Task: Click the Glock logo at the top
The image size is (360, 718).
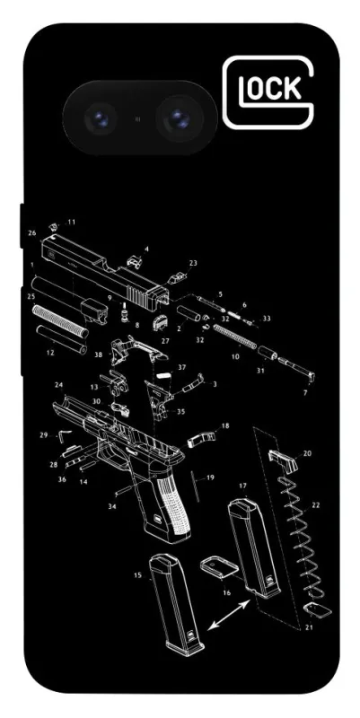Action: coord(268,92)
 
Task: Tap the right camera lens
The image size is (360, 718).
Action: coord(179,118)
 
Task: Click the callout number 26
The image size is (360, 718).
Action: coord(32,232)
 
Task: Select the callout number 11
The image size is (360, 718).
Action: coord(72,222)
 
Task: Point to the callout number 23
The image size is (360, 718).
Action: coord(193,263)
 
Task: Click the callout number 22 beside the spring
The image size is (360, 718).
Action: coord(316,505)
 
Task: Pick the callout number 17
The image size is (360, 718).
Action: coord(242,486)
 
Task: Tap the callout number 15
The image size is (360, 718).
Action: coord(138,575)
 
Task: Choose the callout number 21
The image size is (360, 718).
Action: coord(309,627)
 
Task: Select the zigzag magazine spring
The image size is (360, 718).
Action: coord(302,537)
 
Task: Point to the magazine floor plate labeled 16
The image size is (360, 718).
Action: coord(219,566)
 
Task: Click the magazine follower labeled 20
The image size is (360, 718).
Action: coord(284,460)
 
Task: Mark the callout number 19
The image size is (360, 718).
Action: coord(210,477)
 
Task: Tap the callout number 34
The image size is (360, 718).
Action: coord(111,506)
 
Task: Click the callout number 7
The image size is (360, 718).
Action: coord(305,392)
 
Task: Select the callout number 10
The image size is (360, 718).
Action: coord(235,355)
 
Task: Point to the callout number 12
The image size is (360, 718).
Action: coord(50,353)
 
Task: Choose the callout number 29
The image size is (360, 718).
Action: coord(43,434)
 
